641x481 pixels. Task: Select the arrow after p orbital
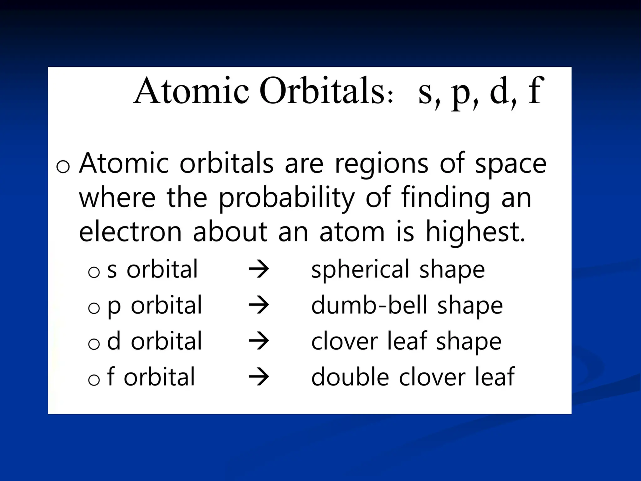tap(259, 305)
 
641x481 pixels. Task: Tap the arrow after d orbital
tap(259, 341)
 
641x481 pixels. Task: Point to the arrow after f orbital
tap(259, 377)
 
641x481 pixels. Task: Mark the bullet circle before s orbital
tap(94, 272)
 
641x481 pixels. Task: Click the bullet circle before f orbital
tap(94, 380)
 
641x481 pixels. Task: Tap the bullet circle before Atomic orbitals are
tap(63, 167)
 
